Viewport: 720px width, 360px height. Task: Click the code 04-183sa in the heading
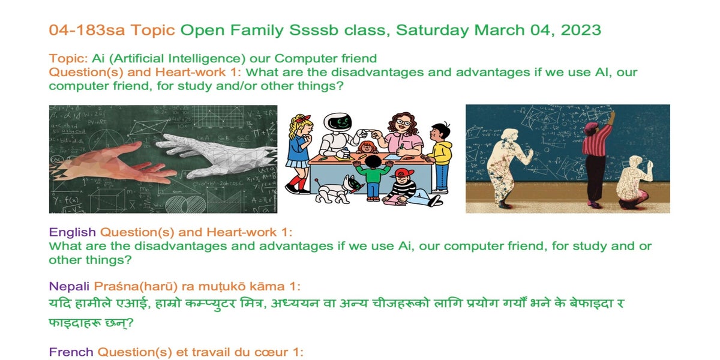(87, 30)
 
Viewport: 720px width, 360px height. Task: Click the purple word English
(73, 232)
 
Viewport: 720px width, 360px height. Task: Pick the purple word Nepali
(69, 286)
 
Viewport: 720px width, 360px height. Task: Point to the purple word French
(71, 352)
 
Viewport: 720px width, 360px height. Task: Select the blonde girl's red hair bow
(304, 118)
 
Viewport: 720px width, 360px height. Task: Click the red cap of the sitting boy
(404, 173)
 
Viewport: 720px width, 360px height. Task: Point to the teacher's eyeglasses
(403, 122)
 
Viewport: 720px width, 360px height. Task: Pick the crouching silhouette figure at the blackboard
(634, 182)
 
